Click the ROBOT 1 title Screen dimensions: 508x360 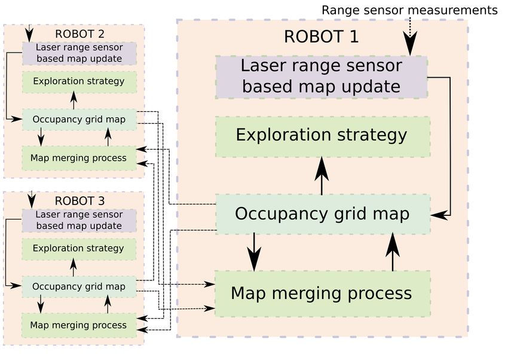click(x=321, y=36)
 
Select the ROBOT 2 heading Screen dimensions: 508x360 click(x=79, y=34)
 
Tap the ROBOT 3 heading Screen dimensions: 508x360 click(x=79, y=201)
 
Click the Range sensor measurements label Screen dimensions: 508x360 click(x=409, y=10)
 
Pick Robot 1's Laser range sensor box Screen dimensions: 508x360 click(x=322, y=77)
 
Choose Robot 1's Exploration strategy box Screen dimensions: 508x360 click(x=323, y=137)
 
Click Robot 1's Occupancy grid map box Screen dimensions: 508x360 click(x=323, y=214)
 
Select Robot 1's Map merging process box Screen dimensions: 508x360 click(x=323, y=294)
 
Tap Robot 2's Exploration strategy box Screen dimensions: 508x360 click(x=79, y=82)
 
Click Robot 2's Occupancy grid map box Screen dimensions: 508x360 click(x=79, y=120)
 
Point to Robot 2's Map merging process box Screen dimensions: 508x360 click(x=79, y=158)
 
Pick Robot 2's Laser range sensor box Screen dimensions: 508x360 click(x=79, y=53)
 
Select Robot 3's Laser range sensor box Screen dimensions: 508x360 click(x=79, y=221)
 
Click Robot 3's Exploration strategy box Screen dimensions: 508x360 click(x=79, y=249)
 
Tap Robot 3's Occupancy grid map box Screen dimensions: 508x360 click(x=79, y=287)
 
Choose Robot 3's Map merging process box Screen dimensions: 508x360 click(x=79, y=325)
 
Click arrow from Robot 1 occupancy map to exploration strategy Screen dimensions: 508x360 click(x=322, y=176)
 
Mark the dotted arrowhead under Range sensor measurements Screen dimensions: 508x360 click(x=410, y=44)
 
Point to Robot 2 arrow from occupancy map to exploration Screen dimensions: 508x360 click(x=74, y=100)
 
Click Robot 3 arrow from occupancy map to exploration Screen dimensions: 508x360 click(x=74, y=267)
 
